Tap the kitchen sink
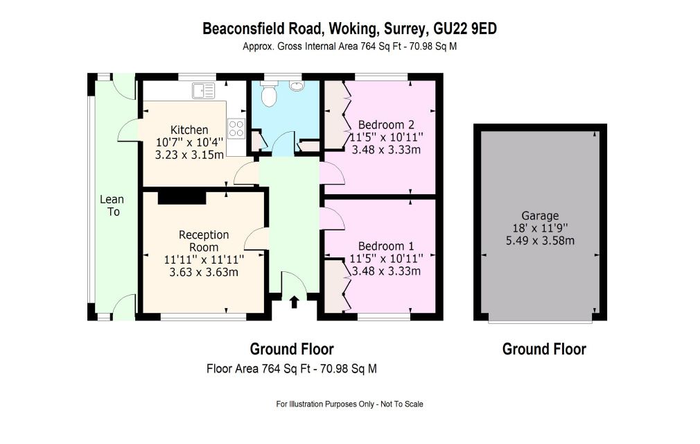coord(203,91)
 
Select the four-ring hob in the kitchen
coord(236,128)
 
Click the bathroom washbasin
coord(296,86)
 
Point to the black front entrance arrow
coord(294,302)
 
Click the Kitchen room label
coord(189,130)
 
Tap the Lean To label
coord(112,205)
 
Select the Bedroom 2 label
coord(386,125)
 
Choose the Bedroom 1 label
coord(386,246)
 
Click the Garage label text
coord(540,216)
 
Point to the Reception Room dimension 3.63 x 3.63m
coord(204,271)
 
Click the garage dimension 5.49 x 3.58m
coord(540,241)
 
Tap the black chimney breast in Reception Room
coord(182,197)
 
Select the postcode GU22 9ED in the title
coord(466,28)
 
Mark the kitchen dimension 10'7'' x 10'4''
coord(189,142)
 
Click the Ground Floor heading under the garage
coord(544,349)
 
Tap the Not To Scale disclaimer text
coord(402,404)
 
